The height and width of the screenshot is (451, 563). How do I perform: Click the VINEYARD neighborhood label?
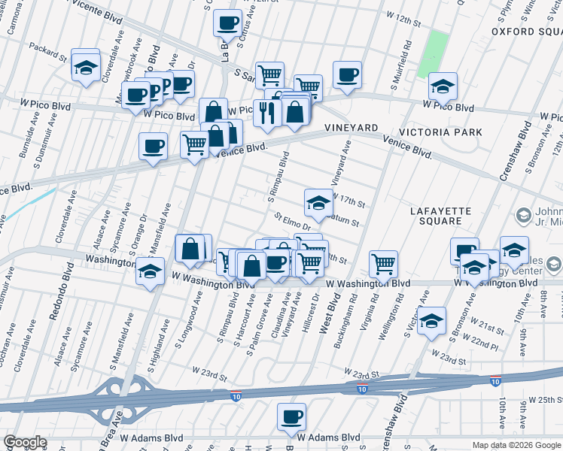click(351, 129)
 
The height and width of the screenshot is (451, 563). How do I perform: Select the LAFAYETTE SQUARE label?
click(446, 216)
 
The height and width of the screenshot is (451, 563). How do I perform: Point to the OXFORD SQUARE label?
click(526, 32)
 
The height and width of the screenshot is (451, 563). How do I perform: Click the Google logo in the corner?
click(24, 442)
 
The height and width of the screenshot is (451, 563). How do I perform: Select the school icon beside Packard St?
click(87, 66)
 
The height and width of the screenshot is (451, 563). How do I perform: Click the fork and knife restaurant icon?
click(267, 112)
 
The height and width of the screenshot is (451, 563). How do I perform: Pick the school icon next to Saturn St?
click(318, 202)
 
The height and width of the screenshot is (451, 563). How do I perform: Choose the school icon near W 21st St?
click(431, 320)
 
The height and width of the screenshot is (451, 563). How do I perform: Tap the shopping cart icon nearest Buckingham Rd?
click(384, 264)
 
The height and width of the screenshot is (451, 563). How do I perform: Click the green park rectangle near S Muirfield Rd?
click(434, 49)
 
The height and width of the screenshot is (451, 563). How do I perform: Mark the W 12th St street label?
click(403, 17)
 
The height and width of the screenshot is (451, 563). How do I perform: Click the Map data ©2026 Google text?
click(516, 445)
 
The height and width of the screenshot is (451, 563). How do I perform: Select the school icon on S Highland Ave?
click(150, 271)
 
